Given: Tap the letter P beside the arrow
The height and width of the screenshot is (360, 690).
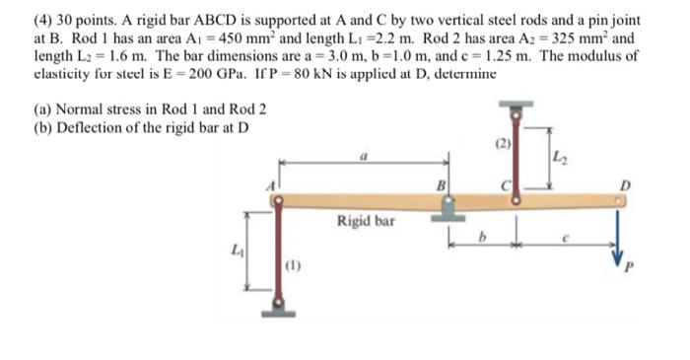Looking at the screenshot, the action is tap(629, 267).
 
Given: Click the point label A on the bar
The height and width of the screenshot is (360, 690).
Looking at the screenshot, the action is tap(271, 186).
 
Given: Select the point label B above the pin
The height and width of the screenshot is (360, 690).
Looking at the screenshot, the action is tap(441, 186).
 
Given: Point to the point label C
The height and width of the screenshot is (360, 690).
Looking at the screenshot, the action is tap(506, 186).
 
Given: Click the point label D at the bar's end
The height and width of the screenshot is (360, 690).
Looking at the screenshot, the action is tap(625, 186).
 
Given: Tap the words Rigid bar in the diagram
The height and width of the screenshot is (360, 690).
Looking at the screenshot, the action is tap(366, 221).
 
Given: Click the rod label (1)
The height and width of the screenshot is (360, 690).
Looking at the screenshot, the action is tap(293, 265).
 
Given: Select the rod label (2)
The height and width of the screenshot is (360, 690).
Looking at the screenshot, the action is tap(503, 144).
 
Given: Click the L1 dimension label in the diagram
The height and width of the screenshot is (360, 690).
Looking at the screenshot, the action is tap(237, 251).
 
